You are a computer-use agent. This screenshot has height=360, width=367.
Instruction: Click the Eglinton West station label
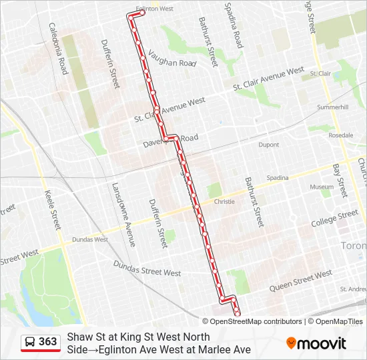point(154,9)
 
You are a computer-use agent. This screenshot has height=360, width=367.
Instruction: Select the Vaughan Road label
point(172,59)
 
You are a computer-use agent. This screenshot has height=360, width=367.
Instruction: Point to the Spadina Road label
point(234,25)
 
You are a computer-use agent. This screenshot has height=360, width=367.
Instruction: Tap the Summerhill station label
point(333,107)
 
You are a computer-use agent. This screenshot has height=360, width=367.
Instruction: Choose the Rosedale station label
point(340,135)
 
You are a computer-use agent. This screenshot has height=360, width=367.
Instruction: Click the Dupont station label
point(268,144)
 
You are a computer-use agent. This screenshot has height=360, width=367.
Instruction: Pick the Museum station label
point(321,187)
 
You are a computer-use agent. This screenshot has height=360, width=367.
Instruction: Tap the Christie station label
point(224,201)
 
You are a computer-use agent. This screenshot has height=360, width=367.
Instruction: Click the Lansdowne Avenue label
point(123,215)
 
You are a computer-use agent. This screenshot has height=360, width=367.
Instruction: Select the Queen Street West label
point(300,282)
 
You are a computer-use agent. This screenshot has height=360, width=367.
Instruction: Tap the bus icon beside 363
point(30,342)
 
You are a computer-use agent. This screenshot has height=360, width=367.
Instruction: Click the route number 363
point(47,342)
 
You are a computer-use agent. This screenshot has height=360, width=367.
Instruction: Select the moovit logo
point(316,343)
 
